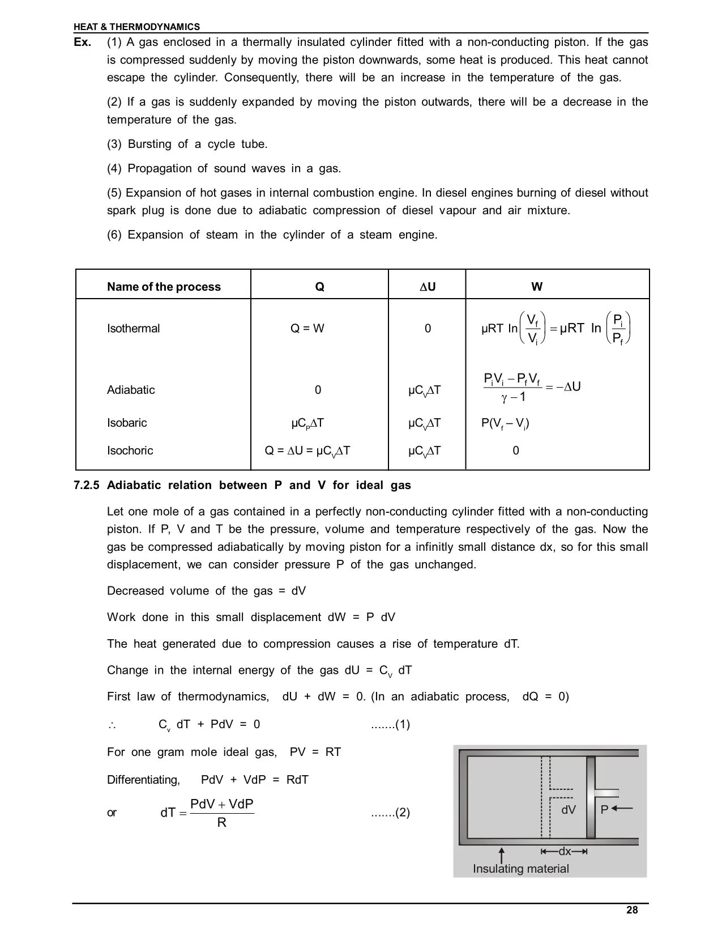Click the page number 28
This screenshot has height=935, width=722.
(x=632, y=910)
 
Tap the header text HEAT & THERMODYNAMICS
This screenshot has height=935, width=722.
(x=136, y=27)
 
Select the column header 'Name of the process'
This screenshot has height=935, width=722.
(x=164, y=287)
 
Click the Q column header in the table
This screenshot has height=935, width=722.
(x=319, y=287)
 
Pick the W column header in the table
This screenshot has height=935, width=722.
(x=537, y=287)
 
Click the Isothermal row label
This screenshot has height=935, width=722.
(x=133, y=329)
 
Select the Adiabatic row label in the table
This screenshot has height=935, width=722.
(x=131, y=390)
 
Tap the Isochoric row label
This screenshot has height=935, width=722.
(x=130, y=450)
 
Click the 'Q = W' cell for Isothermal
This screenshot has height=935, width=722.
(x=307, y=329)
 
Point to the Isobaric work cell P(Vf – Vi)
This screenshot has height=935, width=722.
(x=505, y=423)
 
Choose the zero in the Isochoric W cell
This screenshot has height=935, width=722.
(x=515, y=450)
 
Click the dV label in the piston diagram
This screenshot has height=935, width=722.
(x=568, y=810)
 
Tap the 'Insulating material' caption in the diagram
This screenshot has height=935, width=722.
(x=520, y=869)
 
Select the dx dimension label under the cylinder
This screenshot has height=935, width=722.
(x=565, y=851)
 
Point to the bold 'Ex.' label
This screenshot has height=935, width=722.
(x=83, y=42)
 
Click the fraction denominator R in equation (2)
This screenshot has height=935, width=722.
(x=221, y=822)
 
